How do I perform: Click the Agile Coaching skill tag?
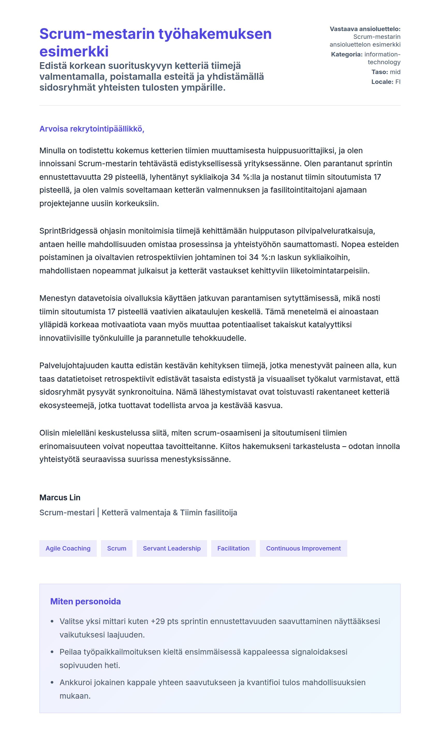68,548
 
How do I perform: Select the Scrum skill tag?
116,548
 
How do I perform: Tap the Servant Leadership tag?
172,548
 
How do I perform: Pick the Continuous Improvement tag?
303,548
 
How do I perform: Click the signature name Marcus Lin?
60,497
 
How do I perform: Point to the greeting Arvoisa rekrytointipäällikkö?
92,129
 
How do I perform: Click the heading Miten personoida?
85,601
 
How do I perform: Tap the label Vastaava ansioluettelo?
365,29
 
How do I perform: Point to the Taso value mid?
395,72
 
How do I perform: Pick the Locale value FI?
398,82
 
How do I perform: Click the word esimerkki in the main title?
74,51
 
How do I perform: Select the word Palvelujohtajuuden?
74,365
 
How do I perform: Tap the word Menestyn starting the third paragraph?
57,298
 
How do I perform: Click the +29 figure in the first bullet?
158,621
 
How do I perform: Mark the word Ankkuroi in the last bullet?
75,682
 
